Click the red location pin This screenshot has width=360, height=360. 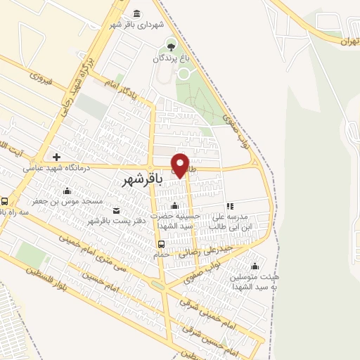180,165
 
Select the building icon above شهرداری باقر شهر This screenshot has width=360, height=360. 136,13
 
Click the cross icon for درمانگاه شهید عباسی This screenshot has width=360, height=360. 56,156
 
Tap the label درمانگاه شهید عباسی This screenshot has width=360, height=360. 55,168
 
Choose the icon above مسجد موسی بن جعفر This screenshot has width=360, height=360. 67,191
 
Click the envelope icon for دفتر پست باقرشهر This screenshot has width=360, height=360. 115,211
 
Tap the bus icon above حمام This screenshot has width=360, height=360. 162,244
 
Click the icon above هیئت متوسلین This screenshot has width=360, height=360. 254,266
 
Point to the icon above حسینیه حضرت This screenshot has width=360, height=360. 174,205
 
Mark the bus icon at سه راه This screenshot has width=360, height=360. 5,200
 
